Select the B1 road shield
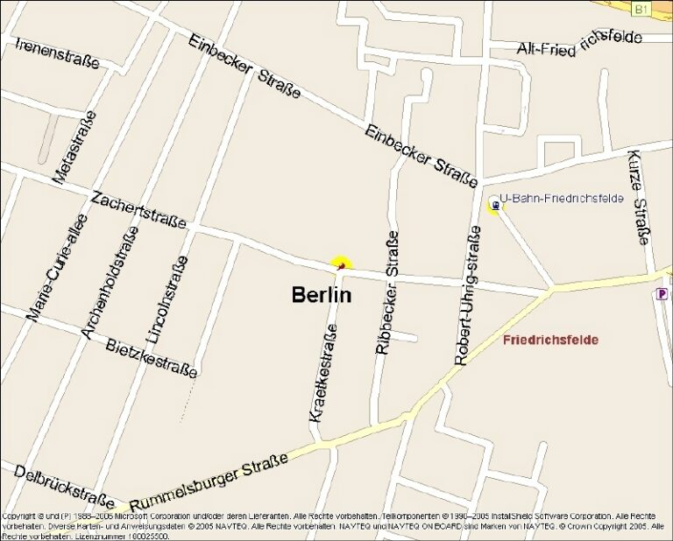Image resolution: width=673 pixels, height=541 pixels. click(641, 9)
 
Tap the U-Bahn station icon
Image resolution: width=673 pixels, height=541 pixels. click(495, 206)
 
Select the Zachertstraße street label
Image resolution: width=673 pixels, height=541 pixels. click(138, 209)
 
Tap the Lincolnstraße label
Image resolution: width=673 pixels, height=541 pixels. click(166, 299)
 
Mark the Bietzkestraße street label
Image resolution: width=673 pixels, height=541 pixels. click(151, 357)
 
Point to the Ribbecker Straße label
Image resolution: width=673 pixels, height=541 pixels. click(386, 292)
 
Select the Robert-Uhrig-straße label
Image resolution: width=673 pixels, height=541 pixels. click(467, 295)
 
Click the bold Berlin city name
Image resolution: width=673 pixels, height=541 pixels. click(322, 295)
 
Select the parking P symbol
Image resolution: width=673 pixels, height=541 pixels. click(662, 294)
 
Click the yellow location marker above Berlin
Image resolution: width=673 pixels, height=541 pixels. click(341, 263)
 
